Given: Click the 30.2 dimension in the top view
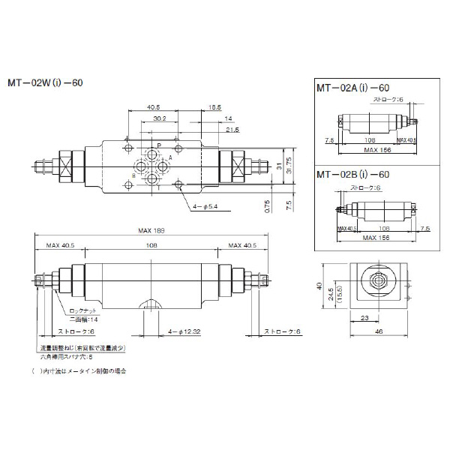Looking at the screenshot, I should [x=157, y=118].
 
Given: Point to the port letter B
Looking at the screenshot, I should [x=133, y=174].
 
